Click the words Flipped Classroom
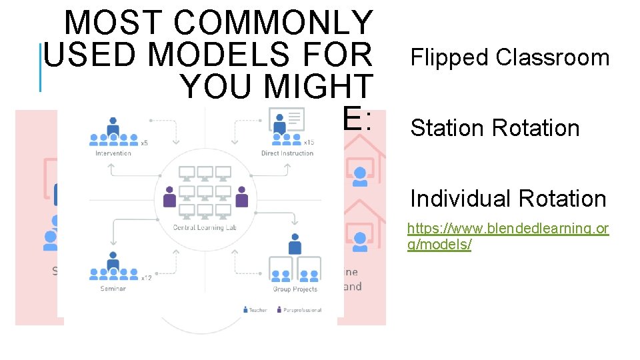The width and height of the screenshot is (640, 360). pos(510,58)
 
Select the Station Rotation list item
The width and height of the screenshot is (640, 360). pos(495,128)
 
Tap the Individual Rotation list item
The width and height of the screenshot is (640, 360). pos(508,199)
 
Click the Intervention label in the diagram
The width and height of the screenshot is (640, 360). pos(113,153)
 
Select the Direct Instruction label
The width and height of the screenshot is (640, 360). pos(287,153)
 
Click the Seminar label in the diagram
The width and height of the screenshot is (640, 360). pos(113,289)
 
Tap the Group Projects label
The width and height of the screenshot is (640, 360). pos(295,289)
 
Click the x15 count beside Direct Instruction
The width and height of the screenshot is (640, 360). pos(309,142)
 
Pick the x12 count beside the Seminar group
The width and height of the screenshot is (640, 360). pos(146,277)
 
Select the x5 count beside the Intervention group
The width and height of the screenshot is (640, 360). pos(144,142)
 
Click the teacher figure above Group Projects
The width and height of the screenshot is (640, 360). pos(295,245)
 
